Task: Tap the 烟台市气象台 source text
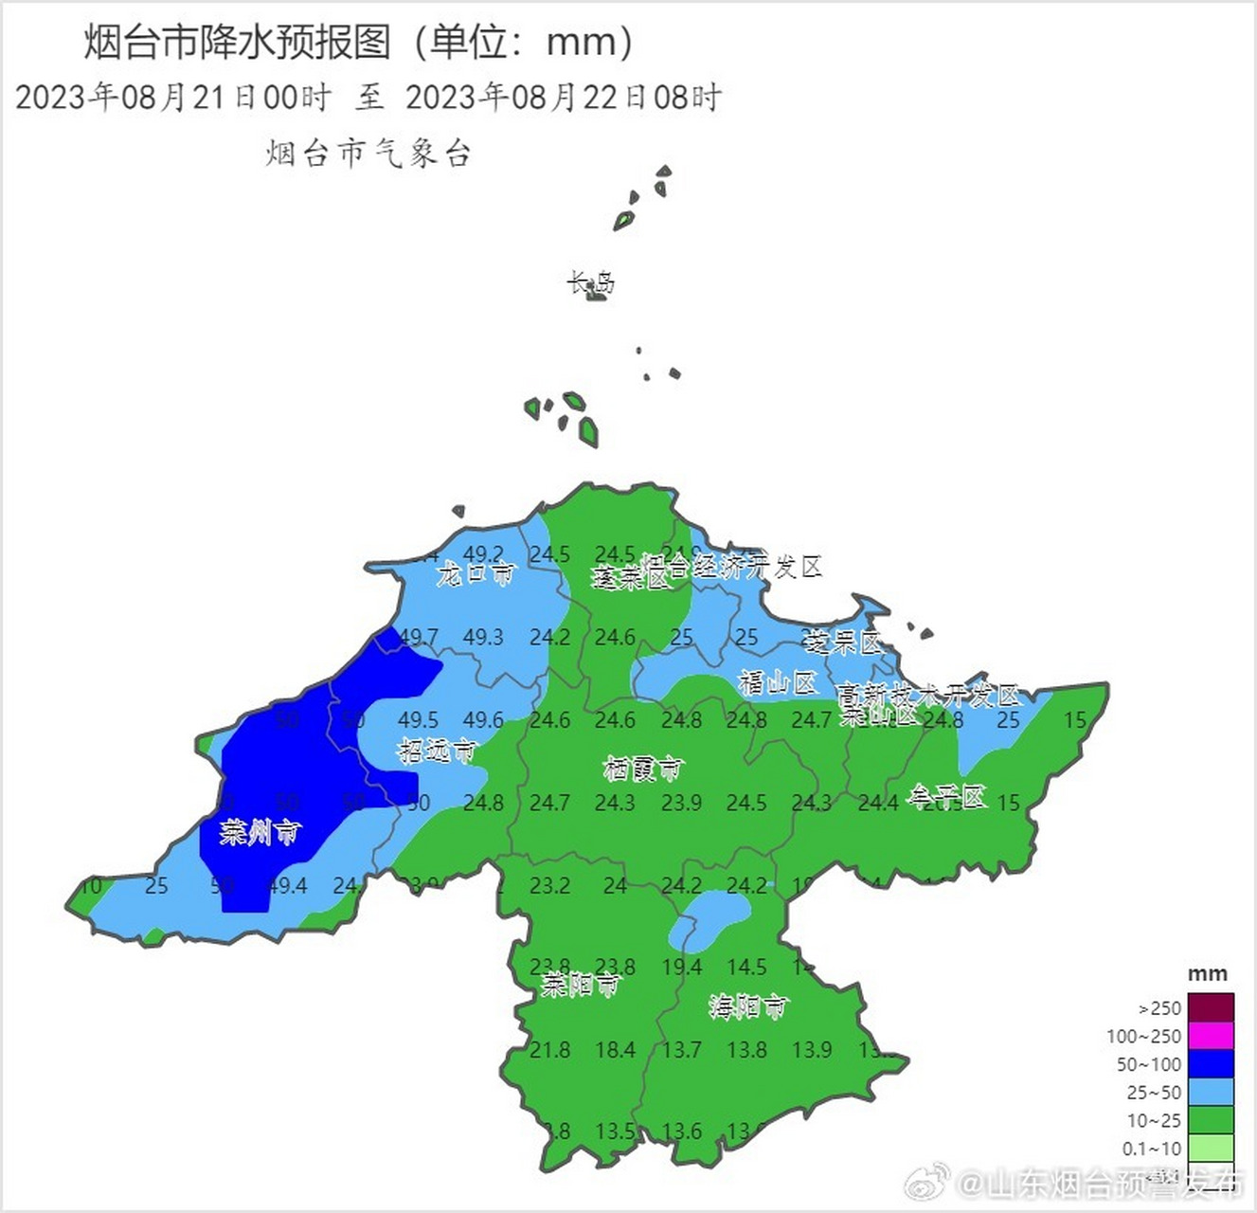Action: [368, 154]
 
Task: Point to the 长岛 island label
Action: [591, 283]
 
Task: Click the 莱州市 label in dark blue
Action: [260, 833]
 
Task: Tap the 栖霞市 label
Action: [642, 769]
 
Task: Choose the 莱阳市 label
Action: [580, 986]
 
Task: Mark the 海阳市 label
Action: [748, 1006]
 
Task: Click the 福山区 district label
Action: [777, 682]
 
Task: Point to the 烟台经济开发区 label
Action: [731, 567]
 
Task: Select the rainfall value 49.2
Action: [484, 553]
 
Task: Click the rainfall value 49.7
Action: [419, 637]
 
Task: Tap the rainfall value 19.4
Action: [682, 968]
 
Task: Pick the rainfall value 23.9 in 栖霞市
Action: [682, 803]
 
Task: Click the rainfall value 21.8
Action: [550, 1050]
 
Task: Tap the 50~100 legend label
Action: [1149, 1064]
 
